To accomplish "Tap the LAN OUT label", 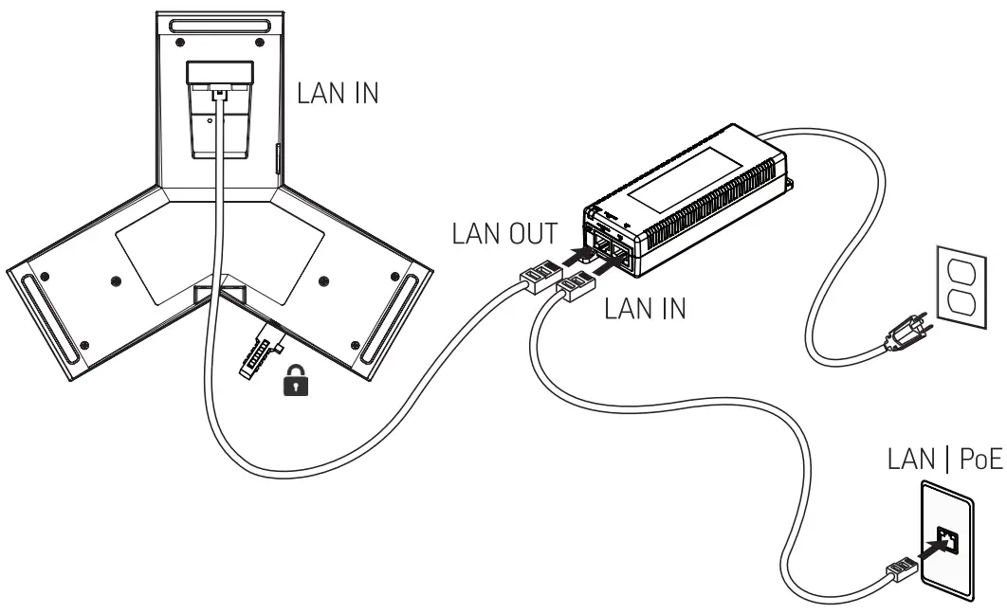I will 503,234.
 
